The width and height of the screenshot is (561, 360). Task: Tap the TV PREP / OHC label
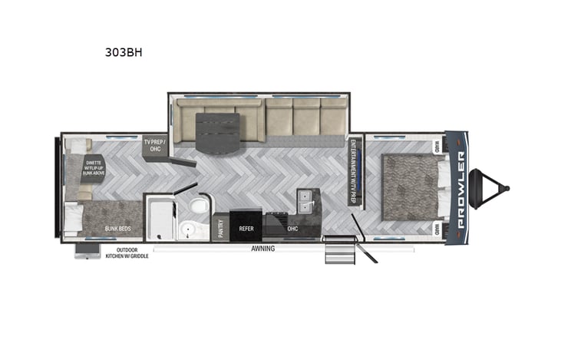157,146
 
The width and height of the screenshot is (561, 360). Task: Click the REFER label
246,228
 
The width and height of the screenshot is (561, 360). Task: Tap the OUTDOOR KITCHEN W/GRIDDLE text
127,253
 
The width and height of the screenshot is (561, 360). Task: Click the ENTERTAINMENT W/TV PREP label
355,170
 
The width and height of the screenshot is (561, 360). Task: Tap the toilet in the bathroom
197,206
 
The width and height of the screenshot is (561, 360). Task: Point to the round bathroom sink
188,230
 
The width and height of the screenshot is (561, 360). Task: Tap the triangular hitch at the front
490,187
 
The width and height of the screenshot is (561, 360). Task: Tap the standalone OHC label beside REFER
292,228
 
